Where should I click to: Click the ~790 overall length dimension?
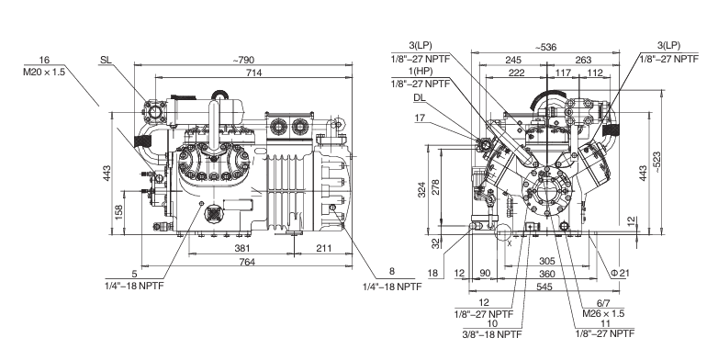(x=243, y=60)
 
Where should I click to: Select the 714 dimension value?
(x=253, y=73)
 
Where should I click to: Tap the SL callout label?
(x=106, y=61)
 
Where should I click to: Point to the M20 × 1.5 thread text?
(x=44, y=73)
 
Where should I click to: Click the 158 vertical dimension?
(x=119, y=212)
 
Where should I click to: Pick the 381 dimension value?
(x=242, y=248)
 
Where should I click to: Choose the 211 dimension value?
(x=324, y=248)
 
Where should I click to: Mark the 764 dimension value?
(x=247, y=262)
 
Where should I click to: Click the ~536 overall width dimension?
(x=544, y=47)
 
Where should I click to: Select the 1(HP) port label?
(x=421, y=71)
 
